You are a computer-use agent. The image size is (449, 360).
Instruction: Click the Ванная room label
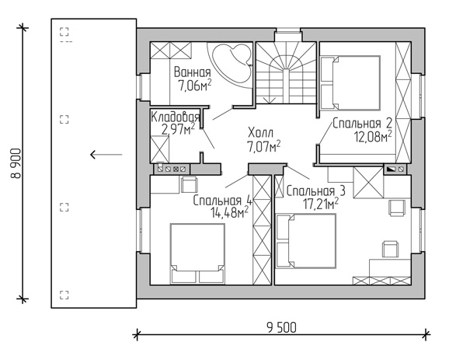pyautogui.click(x=193, y=72)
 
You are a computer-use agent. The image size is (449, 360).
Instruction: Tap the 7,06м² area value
pyautogui.click(x=195, y=85)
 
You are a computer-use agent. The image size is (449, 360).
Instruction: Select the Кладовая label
pyautogui.click(x=176, y=117)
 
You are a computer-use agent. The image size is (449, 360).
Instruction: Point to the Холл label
pyautogui.click(x=260, y=133)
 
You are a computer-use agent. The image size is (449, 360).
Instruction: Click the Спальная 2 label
pyautogui.click(x=362, y=124)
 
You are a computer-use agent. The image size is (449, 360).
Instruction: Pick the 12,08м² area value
pyautogui.click(x=373, y=137)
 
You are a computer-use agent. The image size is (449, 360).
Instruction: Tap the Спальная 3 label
pyautogui.click(x=315, y=191)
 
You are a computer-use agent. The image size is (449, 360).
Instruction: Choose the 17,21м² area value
pyautogui.click(x=321, y=204)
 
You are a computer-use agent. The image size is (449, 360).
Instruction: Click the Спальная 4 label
pyautogui.click(x=222, y=201)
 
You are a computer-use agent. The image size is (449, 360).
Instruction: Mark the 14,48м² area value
pyautogui.click(x=229, y=213)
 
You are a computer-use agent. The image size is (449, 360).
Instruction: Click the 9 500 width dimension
pyautogui.click(x=282, y=327)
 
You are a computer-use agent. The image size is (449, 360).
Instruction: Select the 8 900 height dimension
pyautogui.click(x=16, y=163)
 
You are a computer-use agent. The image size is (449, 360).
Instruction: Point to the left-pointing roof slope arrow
pyautogui.click(x=106, y=155)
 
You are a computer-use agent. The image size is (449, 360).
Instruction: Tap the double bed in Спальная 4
pyautogui.click(x=197, y=254)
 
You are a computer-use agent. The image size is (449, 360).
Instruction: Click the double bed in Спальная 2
pyautogui.click(x=350, y=83)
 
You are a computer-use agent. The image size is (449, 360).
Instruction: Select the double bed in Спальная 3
pyautogui.click(x=305, y=241)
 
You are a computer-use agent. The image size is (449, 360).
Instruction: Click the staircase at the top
pyautogui.click(x=286, y=73)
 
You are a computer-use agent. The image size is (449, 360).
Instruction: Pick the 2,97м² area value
pyautogui.click(x=178, y=129)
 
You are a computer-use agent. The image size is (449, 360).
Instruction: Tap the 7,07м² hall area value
pyautogui.click(x=263, y=146)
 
